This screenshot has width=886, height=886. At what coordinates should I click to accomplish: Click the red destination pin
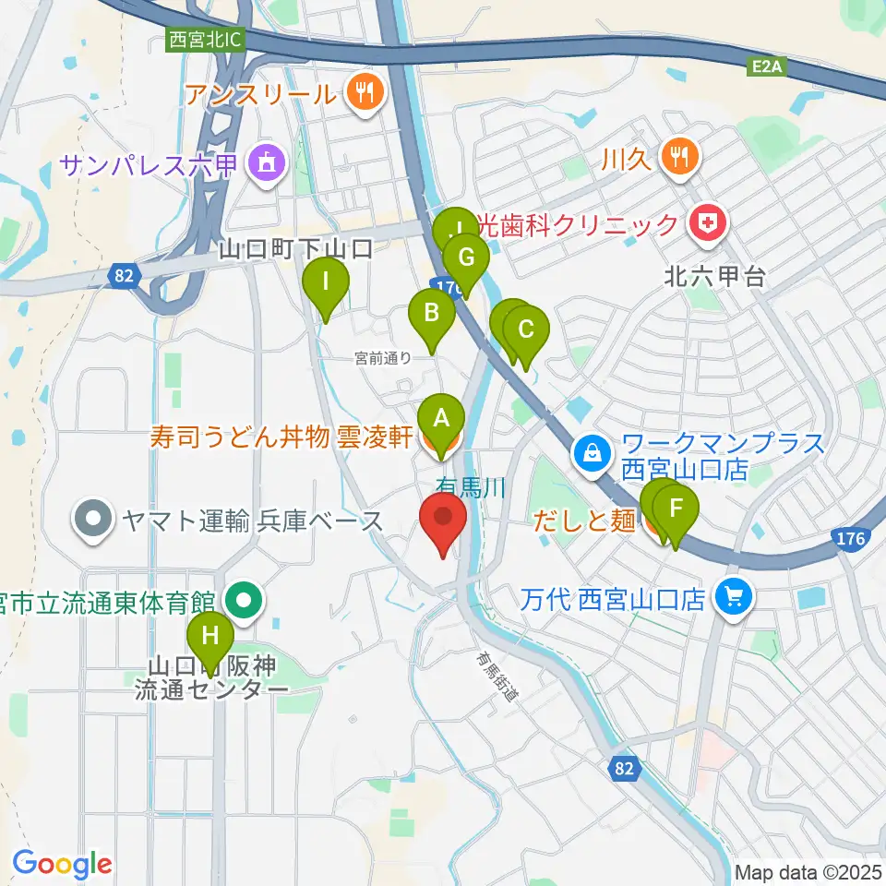[x=443, y=521]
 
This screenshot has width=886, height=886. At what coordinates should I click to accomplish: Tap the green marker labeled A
[x=441, y=420]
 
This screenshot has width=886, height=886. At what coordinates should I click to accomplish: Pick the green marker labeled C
[x=526, y=329]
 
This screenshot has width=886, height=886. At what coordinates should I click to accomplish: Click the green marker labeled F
[x=676, y=508]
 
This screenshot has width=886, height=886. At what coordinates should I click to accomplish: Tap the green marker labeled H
[x=210, y=637]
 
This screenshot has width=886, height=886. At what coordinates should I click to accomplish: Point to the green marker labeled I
[x=325, y=281]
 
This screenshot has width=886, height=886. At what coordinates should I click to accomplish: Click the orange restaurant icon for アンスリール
[x=365, y=92]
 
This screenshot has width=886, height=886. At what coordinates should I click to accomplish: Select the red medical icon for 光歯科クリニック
[x=707, y=224]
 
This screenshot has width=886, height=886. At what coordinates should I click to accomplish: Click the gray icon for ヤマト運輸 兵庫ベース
[x=93, y=521]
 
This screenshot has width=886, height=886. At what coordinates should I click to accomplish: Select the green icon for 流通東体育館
[x=244, y=600]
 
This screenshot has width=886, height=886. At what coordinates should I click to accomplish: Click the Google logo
[x=62, y=863]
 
